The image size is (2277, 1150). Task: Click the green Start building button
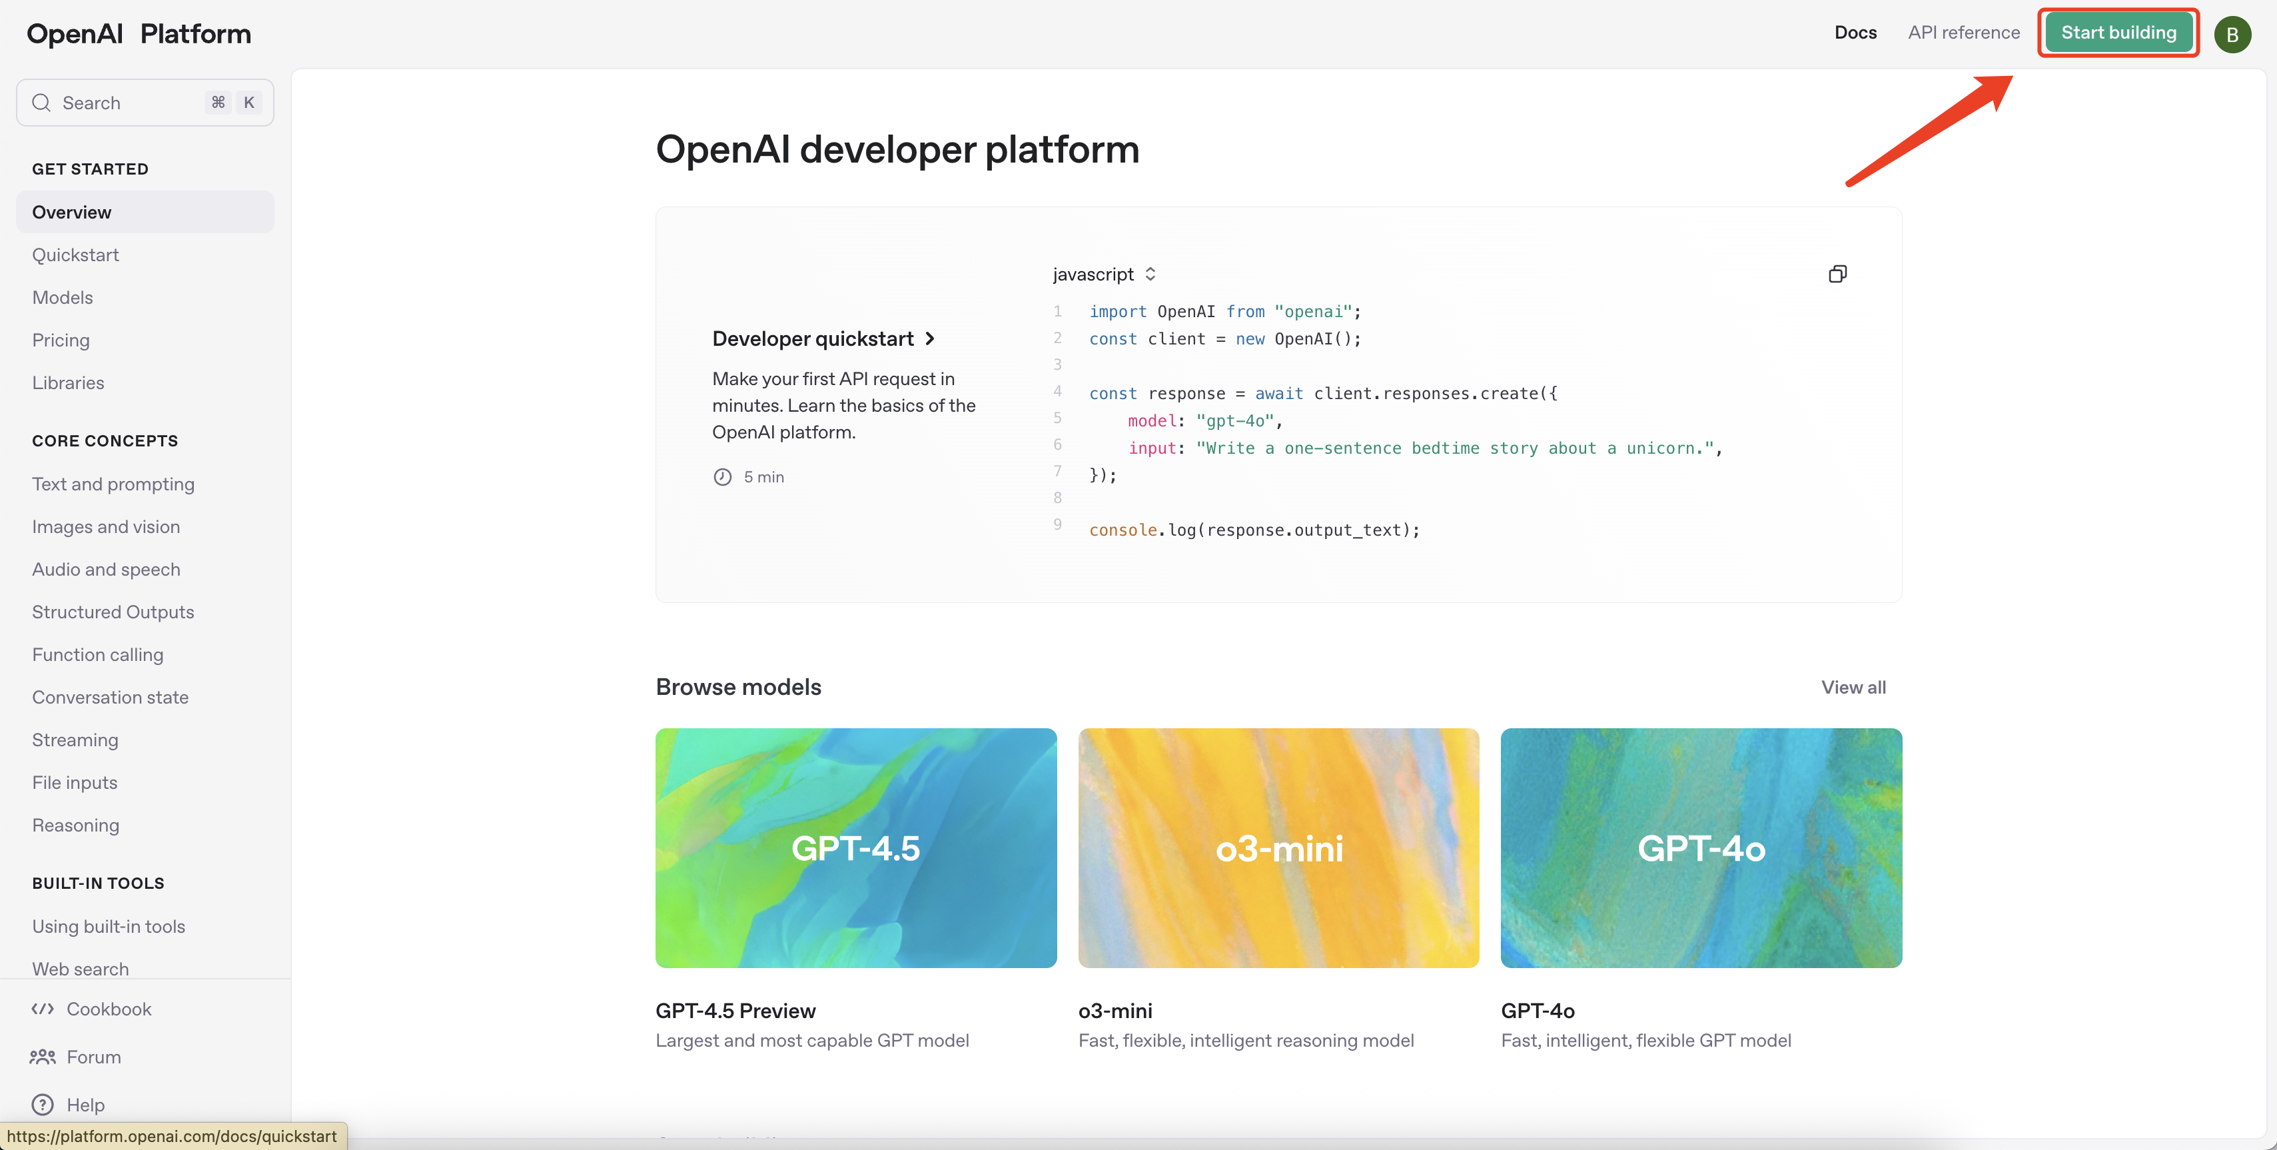point(2118,33)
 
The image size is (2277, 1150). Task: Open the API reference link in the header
point(1963,33)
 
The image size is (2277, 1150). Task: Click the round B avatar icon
point(2232,35)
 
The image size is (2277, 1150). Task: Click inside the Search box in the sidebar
point(124,103)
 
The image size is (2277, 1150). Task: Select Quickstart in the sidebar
point(75,255)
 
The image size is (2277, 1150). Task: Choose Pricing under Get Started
point(60,340)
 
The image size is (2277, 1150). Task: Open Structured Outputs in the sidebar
point(113,612)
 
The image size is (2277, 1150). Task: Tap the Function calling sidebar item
point(97,654)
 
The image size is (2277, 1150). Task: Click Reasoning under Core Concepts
point(75,825)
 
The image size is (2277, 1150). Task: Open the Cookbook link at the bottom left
point(108,1009)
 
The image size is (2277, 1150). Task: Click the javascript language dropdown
point(1103,274)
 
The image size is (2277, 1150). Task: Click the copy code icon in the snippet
point(1837,274)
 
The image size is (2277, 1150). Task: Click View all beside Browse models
point(1853,687)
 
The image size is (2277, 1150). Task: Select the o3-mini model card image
point(1278,847)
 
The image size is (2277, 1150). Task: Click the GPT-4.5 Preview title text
point(735,1010)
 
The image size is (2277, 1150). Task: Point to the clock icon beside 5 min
point(722,476)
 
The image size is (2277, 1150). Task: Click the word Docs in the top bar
point(1855,33)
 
